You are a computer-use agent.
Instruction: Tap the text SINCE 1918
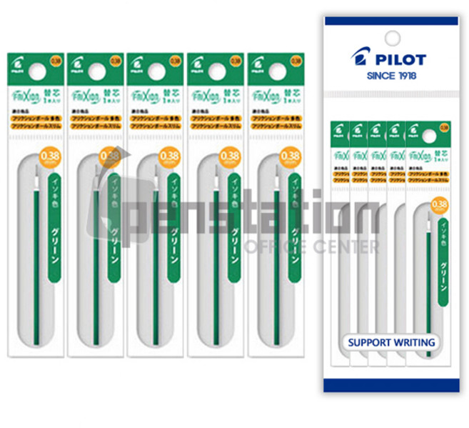click(391, 75)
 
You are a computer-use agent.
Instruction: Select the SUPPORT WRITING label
click(391, 342)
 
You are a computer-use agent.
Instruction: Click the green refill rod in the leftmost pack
click(35, 272)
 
